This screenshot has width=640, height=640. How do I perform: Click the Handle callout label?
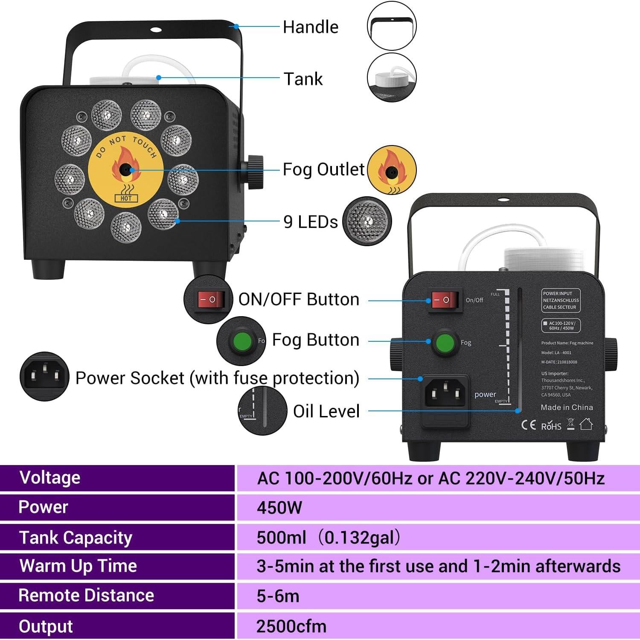click(310, 27)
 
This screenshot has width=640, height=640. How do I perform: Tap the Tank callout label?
click(303, 79)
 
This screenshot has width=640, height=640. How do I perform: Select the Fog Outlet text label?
click(323, 169)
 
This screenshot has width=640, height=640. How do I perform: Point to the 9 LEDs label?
click(310, 222)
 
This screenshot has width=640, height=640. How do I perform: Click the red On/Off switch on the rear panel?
click(444, 300)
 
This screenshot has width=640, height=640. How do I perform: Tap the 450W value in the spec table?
click(279, 508)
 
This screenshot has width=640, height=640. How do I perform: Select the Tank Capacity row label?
click(76, 538)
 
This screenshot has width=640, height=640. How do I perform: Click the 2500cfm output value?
click(291, 626)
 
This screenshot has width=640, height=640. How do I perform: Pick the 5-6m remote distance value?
click(278, 596)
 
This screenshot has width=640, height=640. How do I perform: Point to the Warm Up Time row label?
click(78, 566)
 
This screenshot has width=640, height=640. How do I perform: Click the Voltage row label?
click(49, 477)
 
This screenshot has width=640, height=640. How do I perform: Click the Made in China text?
click(567, 407)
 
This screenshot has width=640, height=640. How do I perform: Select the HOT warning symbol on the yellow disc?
click(126, 195)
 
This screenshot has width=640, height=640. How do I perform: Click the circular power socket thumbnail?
click(44, 376)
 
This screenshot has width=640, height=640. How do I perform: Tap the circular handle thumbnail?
click(392, 26)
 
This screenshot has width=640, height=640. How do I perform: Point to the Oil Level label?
click(326, 411)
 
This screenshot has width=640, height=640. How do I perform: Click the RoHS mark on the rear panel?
click(551, 426)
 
